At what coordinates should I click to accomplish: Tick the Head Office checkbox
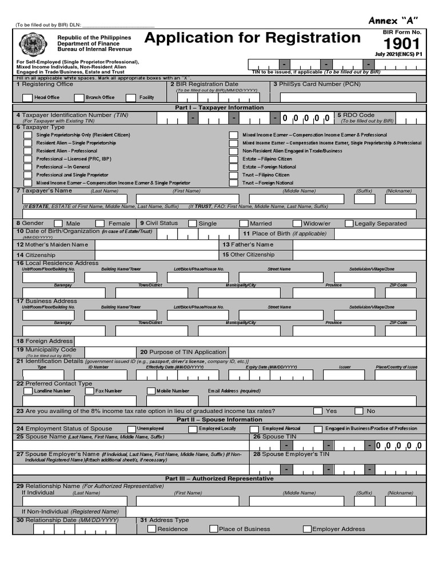[27, 98]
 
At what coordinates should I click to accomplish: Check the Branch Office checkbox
[79, 98]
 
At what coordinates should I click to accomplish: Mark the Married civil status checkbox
[244, 223]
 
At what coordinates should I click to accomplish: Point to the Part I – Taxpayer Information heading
[219, 107]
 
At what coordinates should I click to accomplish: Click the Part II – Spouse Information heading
[219, 419]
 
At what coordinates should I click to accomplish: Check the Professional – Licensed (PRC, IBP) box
[27, 159]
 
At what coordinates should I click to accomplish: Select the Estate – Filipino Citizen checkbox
[234, 159]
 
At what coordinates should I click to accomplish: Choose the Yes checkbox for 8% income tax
[318, 411]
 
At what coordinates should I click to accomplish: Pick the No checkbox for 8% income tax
[359, 411]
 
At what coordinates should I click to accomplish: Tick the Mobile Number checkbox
[151, 391]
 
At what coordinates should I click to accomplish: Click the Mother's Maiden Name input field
[157, 245]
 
